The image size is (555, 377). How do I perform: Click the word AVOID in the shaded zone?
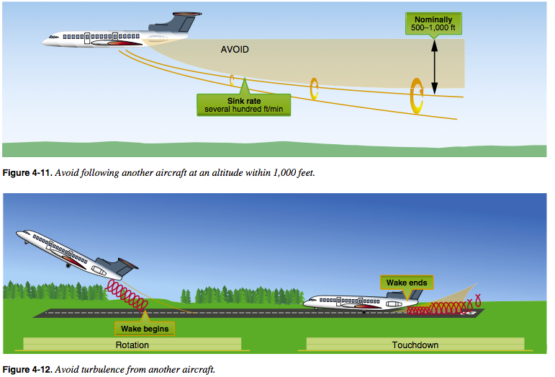(235, 50)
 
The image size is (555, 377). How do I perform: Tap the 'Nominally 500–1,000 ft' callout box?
(433, 24)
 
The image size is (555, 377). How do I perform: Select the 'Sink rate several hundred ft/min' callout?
(244, 105)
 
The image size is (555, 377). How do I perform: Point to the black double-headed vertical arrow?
(434, 66)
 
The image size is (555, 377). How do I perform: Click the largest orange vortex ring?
(412, 96)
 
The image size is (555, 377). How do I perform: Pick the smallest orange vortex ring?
(231, 81)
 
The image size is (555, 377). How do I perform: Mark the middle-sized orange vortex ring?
(312, 89)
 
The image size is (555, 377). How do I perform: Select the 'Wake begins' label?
(145, 329)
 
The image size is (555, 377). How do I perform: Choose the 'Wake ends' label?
(407, 283)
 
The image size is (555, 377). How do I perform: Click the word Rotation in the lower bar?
(132, 345)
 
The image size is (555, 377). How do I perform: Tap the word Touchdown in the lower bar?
(415, 345)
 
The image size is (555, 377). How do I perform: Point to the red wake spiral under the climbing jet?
(127, 295)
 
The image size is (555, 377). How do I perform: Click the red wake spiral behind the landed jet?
(443, 307)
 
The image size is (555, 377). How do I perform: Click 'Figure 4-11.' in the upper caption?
(27, 173)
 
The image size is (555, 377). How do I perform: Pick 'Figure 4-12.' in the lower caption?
(27, 370)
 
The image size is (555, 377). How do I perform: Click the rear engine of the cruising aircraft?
(158, 39)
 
